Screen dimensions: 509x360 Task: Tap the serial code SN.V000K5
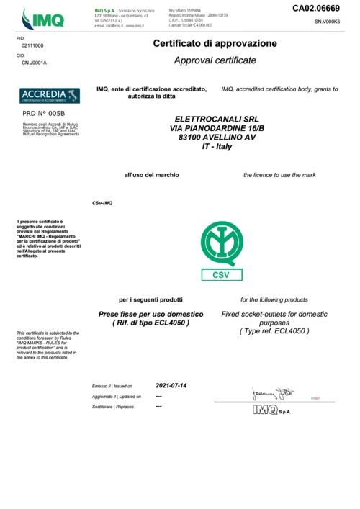tap(327, 22)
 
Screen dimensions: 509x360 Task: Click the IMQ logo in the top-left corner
tap(42, 17)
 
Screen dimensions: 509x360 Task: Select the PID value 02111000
tap(32, 45)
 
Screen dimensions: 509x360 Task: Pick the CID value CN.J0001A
tap(34, 63)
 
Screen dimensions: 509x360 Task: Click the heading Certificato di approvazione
tap(215, 44)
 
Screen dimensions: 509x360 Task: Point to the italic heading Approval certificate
tap(215, 61)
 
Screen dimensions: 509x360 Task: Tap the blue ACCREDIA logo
tap(50, 95)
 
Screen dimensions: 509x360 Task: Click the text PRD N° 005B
tap(44, 114)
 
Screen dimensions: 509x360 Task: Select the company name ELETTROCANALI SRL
tap(215, 119)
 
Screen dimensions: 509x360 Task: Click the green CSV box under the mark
tap(222, 274)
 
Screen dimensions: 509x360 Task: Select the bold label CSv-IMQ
tap(103, 203)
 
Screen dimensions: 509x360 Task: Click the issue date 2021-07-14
tap(171, 385)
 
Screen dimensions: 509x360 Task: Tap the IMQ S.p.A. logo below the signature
tap(271, 410)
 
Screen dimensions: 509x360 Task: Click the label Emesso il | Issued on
tap(112, 387)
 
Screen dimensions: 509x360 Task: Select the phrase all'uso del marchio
tap(152, 175)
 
